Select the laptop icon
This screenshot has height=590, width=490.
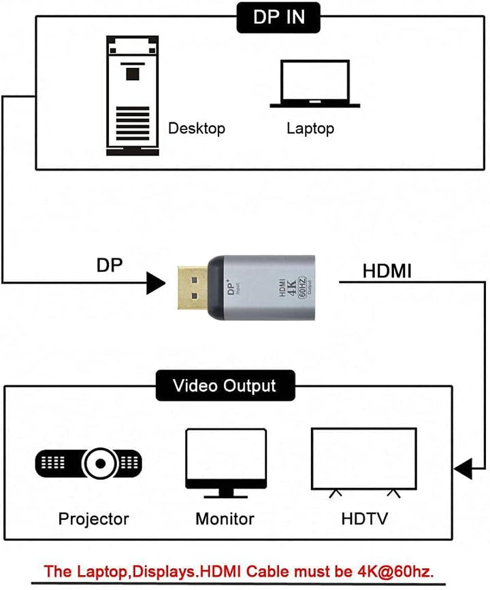(x=314, y=85)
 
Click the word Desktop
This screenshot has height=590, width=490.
(x=197, y=128)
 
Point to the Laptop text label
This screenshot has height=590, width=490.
(x=310, y=128)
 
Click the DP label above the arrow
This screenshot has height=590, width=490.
(x=110, y=265)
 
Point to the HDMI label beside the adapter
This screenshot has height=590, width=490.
(x=387, y=271)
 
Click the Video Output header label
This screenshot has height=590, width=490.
(x=225, y=386)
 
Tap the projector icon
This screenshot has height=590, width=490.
(x=89, y=464)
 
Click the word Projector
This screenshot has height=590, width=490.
(x=93, y=519)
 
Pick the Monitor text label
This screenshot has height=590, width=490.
(x=225, y=519)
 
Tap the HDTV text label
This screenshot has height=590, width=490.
(x=364, y=519)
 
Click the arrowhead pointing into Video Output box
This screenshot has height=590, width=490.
(x=463, y=468)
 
